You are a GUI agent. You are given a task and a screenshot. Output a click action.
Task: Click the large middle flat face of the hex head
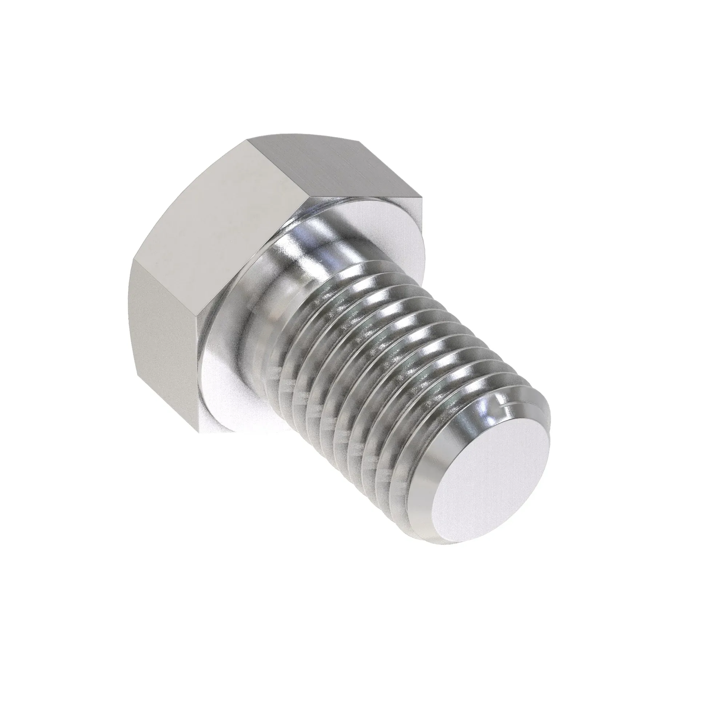(x=214, y=233)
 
